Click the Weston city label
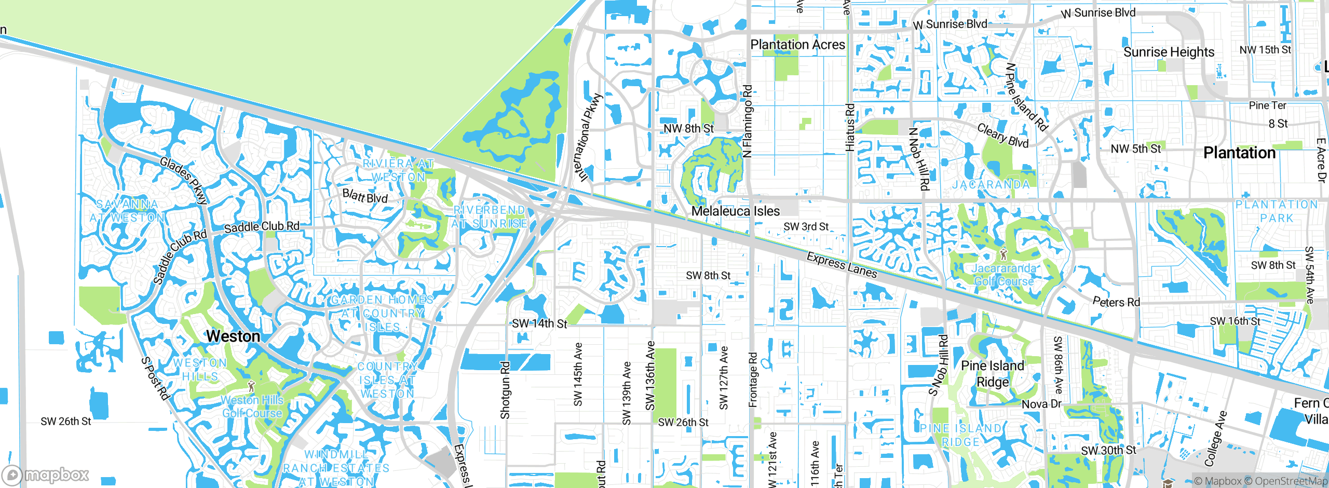click(x=233, y=336)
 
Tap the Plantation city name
click(x=1239, y=153)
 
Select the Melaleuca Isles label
click(x=735, y=211)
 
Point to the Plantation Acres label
click(x=797, y=45)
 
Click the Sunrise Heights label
click(x=1169, y=52)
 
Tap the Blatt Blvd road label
click(x=365, y=196)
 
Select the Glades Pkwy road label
click(x=184, y=180)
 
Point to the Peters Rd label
click(x=1116, y=302)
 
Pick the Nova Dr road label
click(x=1041, y=404)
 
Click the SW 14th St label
click(x=539, y=323)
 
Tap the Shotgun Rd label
click(x=505, y=390)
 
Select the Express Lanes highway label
click(x=842, y=265)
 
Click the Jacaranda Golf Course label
click(x=1004, y=275)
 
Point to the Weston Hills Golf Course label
click(x=252, y=406)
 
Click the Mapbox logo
click(x=46, y=475)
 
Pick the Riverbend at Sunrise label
click(x=489, y=216)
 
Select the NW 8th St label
click(x=688, y=128)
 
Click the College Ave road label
click(x=1215, y=439)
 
